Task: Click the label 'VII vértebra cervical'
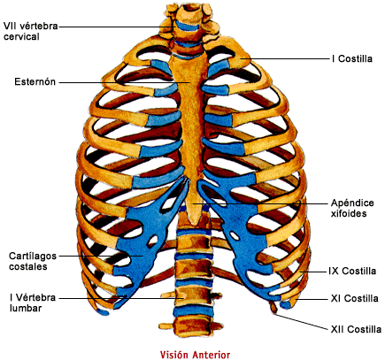(x=30, y=31)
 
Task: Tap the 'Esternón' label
(x=35, y=81)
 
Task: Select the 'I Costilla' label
(x=352, y=58)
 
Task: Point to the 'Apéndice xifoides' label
(x=352, y=208)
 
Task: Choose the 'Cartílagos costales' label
(x=33, y=261)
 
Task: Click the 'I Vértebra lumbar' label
(x=33, y=303)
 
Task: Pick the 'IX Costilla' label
(x=352, y=271)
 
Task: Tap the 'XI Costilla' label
(x=354, y=298)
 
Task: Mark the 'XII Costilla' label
(x=356, y=329)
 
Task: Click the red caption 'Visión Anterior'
(x=195, y=355)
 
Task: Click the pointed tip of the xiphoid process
(x=193, y=223)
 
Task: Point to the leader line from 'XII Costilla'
(x=302, y=322)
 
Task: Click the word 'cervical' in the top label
(x=21, y=37)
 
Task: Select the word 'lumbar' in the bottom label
(x=26, y=308)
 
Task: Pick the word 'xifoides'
(x=349, y=213)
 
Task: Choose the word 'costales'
(x=28, y=266)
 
